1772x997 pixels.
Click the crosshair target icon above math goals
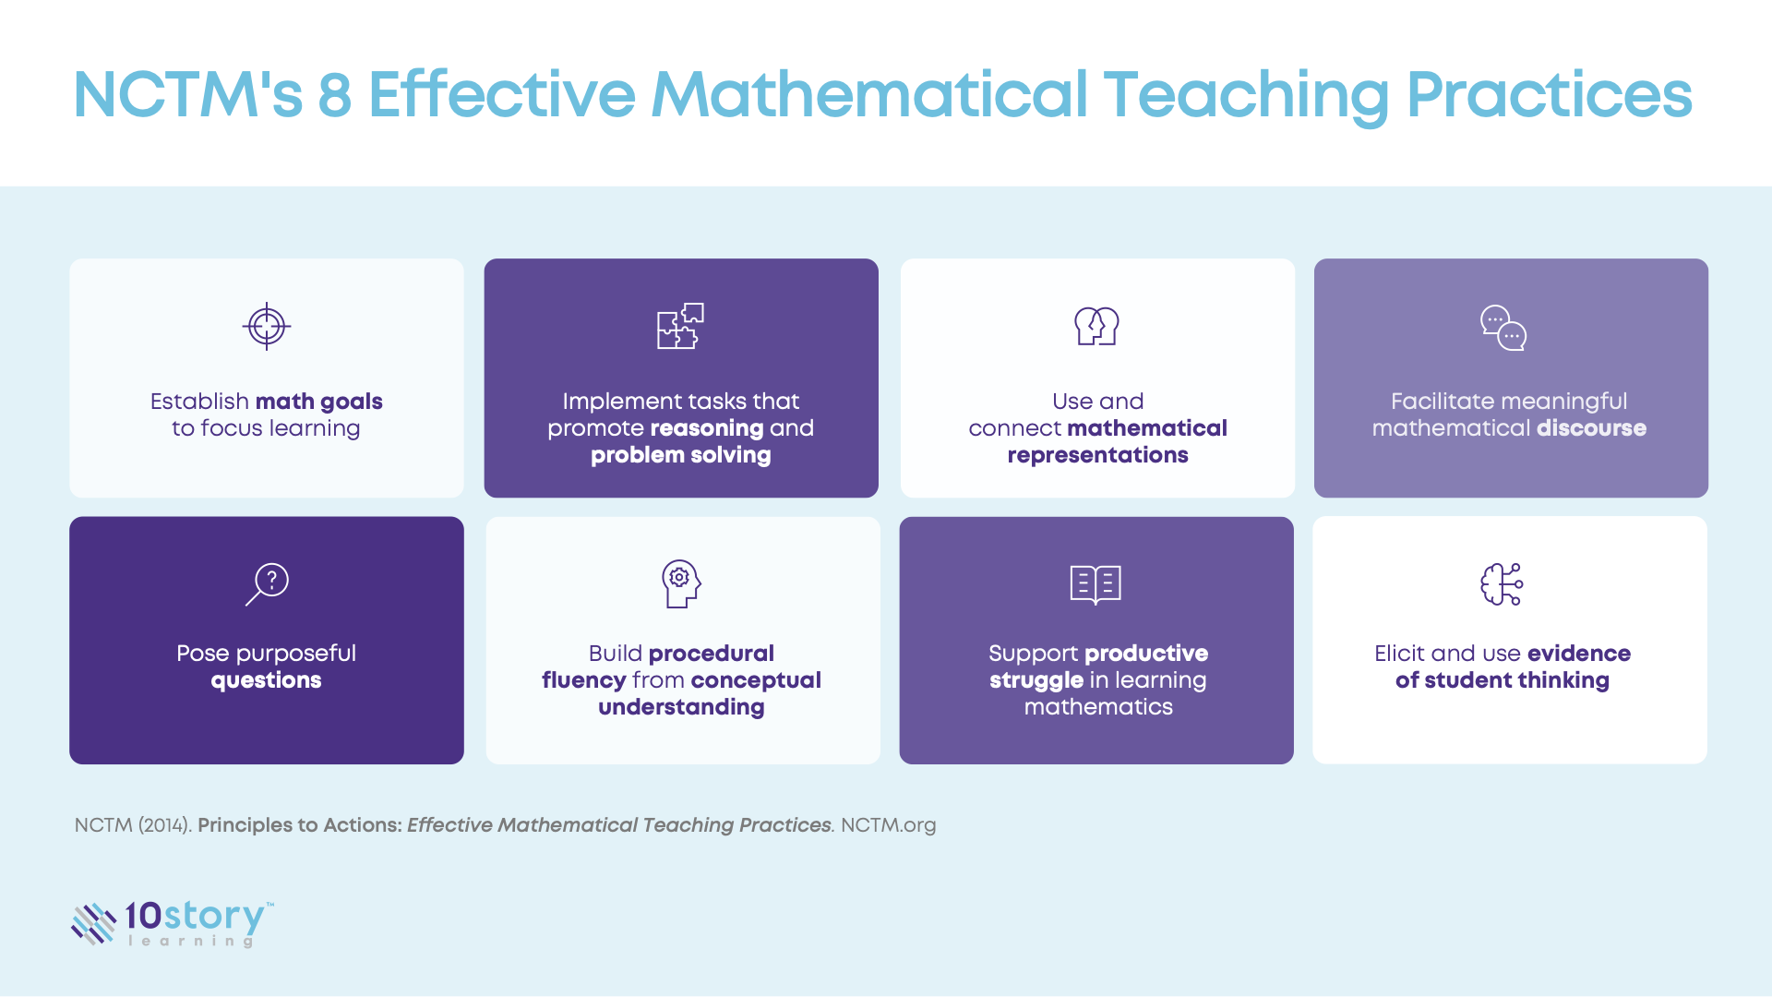point(267,326)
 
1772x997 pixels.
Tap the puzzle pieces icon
point(680,326)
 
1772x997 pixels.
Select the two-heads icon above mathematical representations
point(1096,326)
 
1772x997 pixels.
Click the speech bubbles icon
point(1503,328)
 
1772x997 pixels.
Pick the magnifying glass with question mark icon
point(267,583)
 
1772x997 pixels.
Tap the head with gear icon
point(681,583)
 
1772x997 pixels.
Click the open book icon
point(1096,584)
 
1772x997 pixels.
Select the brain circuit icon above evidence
point(1502,584)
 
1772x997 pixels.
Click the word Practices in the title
point(1549,95)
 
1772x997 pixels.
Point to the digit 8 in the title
point(335,95)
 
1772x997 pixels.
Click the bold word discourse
point(1591,428)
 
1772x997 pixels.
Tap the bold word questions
point(266,680)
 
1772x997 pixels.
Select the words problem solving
point(680,455)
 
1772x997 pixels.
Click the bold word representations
point(1097,455)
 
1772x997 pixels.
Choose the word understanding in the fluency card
point(681,707)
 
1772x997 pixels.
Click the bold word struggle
point(1036,680)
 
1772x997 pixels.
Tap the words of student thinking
point(1502,680)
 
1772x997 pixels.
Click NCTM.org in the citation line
point(888,825)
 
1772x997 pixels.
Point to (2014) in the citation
point(165,825)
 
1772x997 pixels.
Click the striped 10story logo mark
point(93,923)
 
